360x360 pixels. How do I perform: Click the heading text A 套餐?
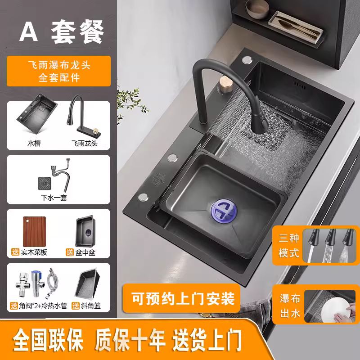(62, 31)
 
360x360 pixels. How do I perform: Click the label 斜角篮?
(90, 306)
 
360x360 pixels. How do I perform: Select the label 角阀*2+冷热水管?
(40, 306)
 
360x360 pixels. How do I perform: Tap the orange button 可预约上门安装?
(183, 298)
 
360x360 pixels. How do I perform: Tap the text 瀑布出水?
(289, 306)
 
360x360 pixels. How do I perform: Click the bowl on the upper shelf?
(257, 8)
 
